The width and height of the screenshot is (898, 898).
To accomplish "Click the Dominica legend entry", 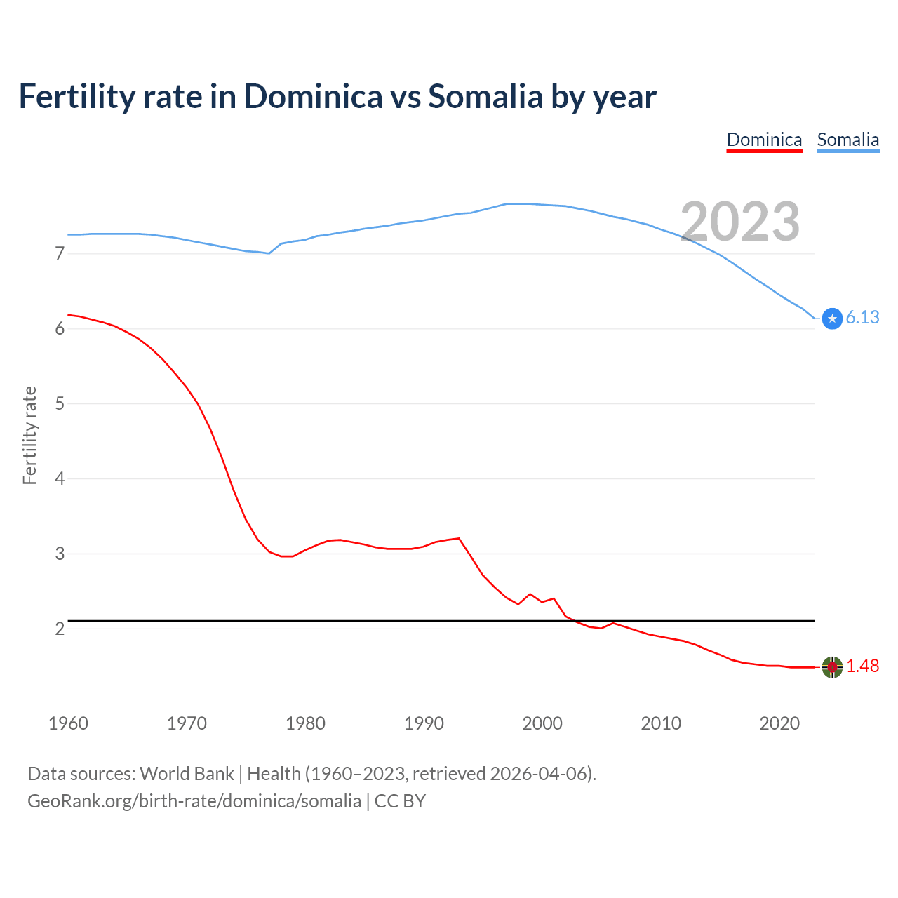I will pyautogui.click(x=764, y=140).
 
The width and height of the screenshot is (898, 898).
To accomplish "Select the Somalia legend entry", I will pyautogui.click(x=847, y=140).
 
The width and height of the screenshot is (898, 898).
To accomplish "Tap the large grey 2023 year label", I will pyautogui.click(x=740, y=222).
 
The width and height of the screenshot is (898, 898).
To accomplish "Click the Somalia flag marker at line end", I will pyautogui.click(x=832, y=319).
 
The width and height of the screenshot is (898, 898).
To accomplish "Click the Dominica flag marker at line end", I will pyautogui.click(x=832, y=667).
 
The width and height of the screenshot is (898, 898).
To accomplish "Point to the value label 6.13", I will pyautogui.click(x=862, y=318).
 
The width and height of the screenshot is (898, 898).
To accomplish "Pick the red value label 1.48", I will pyautogui.click(x=862, y=666).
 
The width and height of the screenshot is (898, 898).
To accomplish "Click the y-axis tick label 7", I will pyautogui.click(x=60, y=253).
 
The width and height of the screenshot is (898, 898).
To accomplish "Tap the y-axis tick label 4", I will pyautogui.click(x=60, y=479).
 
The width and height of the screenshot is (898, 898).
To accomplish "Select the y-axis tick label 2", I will pyautogui.click(x=60, y=629).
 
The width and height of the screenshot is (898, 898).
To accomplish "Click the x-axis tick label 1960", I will pyautogui.click(x=68, y=723).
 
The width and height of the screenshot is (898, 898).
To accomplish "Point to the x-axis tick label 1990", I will pyautogui.click(x=424, y=723).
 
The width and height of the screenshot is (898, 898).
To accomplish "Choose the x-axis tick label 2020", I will pyautogui.click(x=779, y=723).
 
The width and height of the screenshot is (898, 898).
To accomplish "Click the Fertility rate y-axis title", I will pyautogui.click(x=29, y=435).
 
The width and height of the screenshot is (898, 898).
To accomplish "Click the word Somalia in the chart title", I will pyautogui.click(x=485, y=97).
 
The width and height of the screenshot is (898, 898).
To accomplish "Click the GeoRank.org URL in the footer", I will pyautogui.click(x=194, y=801).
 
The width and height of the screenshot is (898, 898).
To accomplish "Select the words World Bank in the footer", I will pyautogui.click(x=187, y=774).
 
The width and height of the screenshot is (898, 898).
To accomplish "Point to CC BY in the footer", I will pyautogui.click(x=400, y=801).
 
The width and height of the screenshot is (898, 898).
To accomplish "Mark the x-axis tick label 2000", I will pyautogui.click(x=542, y=723).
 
